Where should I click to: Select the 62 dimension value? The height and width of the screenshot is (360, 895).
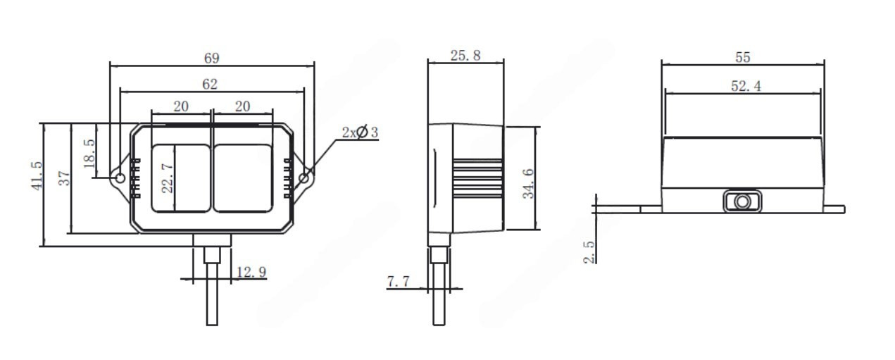211,84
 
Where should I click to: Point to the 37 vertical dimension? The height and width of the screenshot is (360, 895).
65,179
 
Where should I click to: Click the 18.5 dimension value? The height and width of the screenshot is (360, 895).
89,151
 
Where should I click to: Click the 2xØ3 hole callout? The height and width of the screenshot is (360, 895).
360,132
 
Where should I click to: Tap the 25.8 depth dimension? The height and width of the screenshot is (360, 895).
465,55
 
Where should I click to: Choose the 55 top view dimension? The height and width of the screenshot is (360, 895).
742,57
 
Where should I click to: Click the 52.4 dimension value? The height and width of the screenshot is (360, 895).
746,86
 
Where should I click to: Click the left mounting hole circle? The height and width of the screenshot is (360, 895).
120,178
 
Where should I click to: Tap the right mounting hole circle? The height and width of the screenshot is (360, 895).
304,179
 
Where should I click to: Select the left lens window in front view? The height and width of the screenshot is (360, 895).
181,178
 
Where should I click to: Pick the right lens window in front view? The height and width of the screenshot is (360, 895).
242,178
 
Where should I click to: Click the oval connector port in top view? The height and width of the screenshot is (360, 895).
742,201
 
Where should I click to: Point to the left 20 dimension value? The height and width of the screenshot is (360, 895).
181,106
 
